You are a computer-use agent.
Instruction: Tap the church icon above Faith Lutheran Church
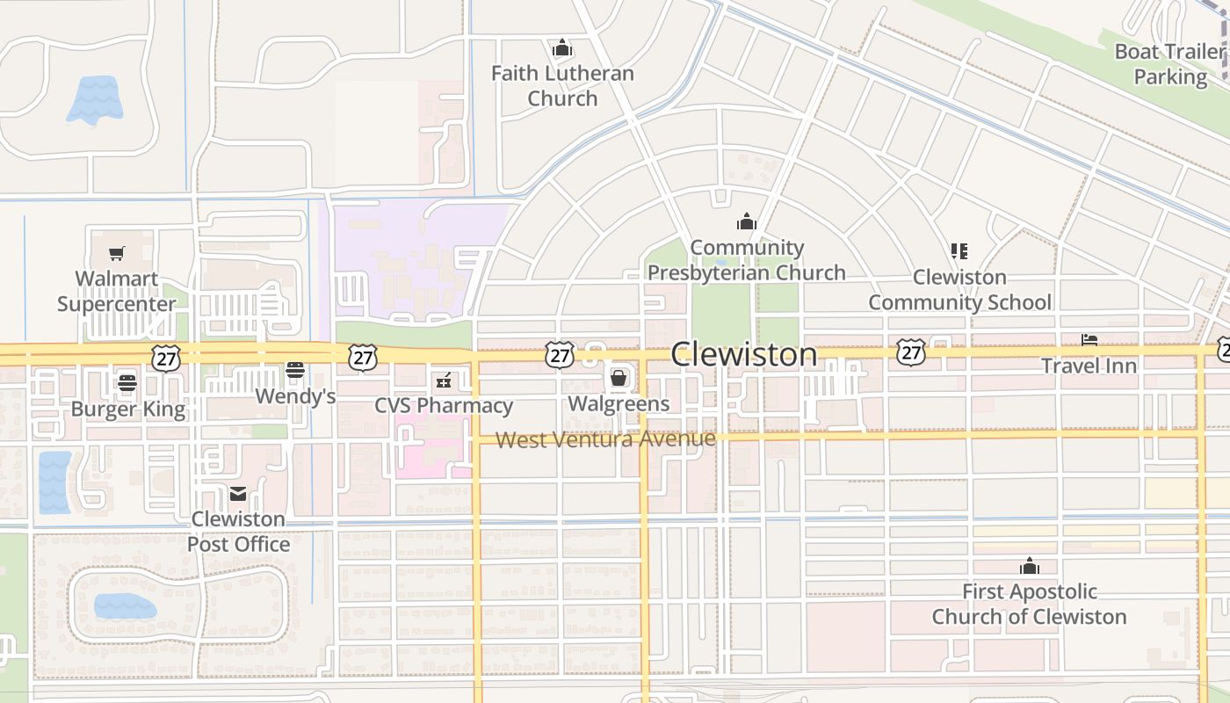[562, 48]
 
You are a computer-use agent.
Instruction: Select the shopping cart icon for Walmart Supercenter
[117, 254]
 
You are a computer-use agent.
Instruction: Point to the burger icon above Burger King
[127, 382]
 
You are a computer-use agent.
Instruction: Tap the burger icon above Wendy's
[295, 370]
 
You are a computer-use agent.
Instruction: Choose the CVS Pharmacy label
[444, 406]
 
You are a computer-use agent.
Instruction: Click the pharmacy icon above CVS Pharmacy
[444, 380]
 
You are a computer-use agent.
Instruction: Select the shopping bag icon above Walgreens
[619, 378]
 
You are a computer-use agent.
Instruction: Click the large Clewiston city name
[744, 354]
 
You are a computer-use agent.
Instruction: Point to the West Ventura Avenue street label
[606, 439]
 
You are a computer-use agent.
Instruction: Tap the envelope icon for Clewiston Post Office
[238, 494]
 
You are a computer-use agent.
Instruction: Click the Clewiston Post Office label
[238, 532]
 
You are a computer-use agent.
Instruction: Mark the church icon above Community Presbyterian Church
[747, 221]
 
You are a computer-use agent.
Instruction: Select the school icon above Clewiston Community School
[959, 251]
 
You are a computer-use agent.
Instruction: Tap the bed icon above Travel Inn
[1089, 340]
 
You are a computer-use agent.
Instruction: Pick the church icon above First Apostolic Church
[1030, 566]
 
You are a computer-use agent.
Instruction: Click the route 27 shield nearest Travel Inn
[911, 353]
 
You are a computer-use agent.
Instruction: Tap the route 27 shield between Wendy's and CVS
[362, 357]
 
